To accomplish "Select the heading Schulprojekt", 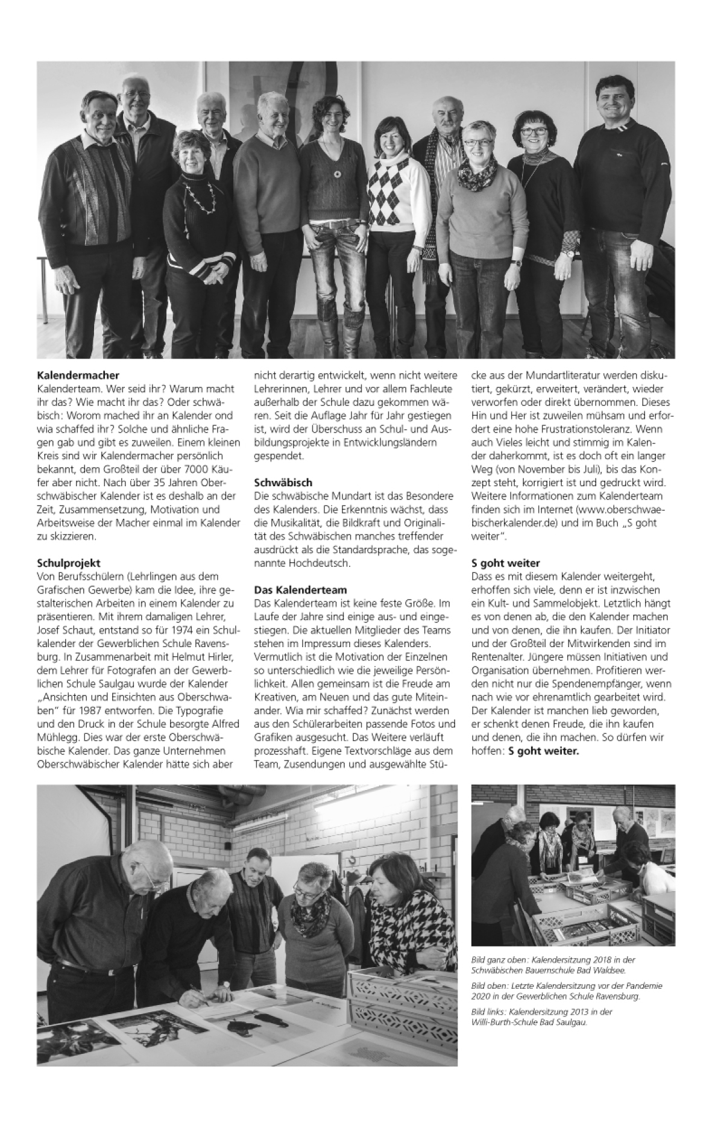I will [68, 563].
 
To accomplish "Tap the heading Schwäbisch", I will [283, 483].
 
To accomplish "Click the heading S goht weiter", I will [505, 563].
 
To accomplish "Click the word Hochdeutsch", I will [322, 563].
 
